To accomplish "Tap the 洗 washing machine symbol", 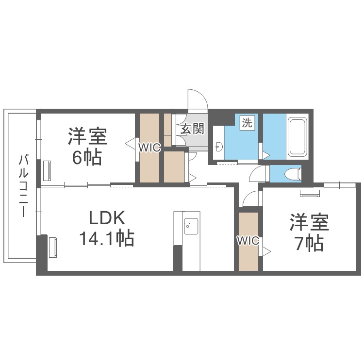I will pyautogui.click(x=247, y=123).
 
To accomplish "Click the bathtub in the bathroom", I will pyautogui.click(x=296, y=137).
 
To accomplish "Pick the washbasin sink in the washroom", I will pyautogui.click(x=219, y=146).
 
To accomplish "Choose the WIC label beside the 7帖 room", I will pyautogui.click(x=248, y=240).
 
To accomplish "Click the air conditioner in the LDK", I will pyautogui.click(x=52, y=246).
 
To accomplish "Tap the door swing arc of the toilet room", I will pyautogui.click(x=259, y=173).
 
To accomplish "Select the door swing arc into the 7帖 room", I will pyautogui.click(x=251, y=199).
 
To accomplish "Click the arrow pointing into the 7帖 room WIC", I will pyautogui.click(x=267, y=251).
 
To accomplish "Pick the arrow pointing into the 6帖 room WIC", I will pyautogui.click(x=130, y=144).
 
